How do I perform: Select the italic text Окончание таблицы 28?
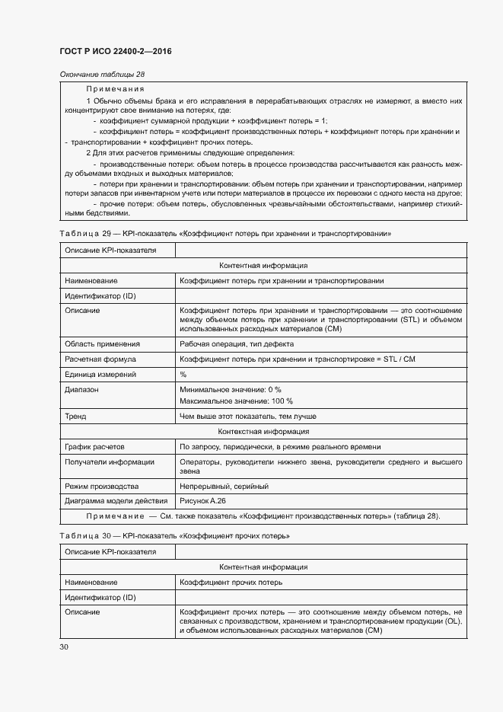coord(102,74)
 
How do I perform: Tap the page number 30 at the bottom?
coord(64,647)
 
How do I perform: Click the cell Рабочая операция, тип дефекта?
coord(237,344)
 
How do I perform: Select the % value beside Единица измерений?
coord(183,375)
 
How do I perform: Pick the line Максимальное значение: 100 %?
coord(236,401)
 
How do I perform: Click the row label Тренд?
coord(76,417)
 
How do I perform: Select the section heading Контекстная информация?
coord(263,432)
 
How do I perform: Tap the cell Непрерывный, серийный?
coord(224,486)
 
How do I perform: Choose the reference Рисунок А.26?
coord(203,501)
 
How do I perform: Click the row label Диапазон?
coord(82,390)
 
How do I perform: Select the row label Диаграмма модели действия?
coord(116,501)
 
